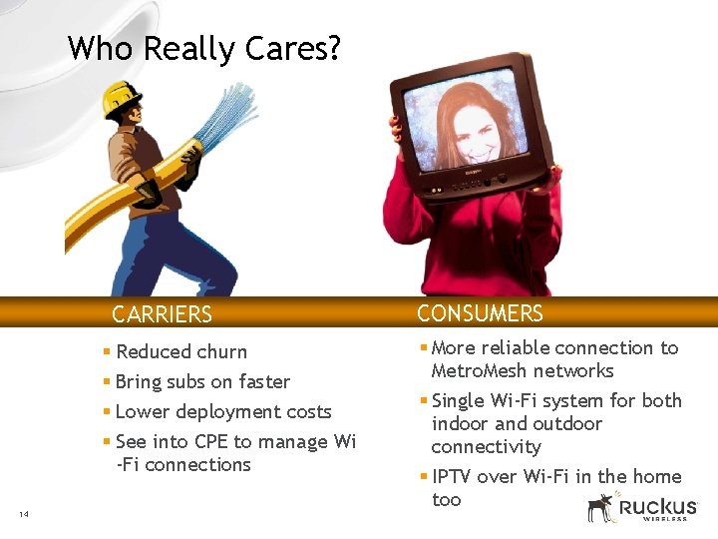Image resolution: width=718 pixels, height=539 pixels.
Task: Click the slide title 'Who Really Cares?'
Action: (x=203, y=48)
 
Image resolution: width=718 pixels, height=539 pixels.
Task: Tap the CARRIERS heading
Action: (x=162, y=314)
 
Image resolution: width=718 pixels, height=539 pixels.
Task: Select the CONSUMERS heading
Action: (x=480, y=313)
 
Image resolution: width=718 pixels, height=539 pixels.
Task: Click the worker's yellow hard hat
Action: (x=123, y=97)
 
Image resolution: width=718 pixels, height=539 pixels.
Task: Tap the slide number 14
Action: (x=23, y=514)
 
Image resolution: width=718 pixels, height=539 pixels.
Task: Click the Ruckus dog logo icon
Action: (x=600, y=507)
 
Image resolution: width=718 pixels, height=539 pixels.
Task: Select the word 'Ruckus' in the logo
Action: (x=657, y=506)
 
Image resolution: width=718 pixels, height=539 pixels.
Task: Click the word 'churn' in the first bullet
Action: (x=221, y=351)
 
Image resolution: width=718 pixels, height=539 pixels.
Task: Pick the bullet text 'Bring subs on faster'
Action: (x=202, y=381)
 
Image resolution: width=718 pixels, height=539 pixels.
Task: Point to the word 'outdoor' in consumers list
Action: (x=565, y=423)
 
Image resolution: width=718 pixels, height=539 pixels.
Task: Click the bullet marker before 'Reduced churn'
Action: (x=107, y=351)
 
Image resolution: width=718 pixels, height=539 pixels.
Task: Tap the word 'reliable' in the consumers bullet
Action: (x=516, y=347)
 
